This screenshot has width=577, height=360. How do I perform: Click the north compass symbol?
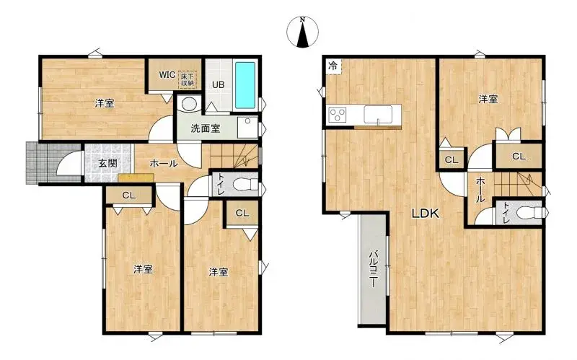(302, 32)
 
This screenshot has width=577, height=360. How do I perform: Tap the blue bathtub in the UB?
(245, 85)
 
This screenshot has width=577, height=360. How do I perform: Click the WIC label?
(167, 75)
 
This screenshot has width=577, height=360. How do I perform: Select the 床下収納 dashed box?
(188, 79)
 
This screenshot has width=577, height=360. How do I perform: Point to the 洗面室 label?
(206, 128)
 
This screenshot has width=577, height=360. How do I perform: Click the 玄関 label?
(107, 163)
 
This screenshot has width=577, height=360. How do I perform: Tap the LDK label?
(426, 214)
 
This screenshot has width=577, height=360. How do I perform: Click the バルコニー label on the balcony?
(373, 268)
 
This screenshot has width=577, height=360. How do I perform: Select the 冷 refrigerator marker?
(332, 66)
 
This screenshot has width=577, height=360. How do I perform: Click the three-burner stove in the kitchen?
(338, 114)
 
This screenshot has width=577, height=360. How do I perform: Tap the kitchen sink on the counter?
(378, 115)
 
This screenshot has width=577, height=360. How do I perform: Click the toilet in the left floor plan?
(247, 183)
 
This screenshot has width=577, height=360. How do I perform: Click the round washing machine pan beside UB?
(189, 104)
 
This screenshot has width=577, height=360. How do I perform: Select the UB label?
(218, 84)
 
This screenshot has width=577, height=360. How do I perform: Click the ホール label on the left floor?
(164, 164)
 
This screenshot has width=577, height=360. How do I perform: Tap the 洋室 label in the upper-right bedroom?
(488, 99)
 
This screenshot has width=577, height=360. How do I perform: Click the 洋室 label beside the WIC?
(105, 103)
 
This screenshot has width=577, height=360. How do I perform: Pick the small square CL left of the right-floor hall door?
(452, 159)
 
